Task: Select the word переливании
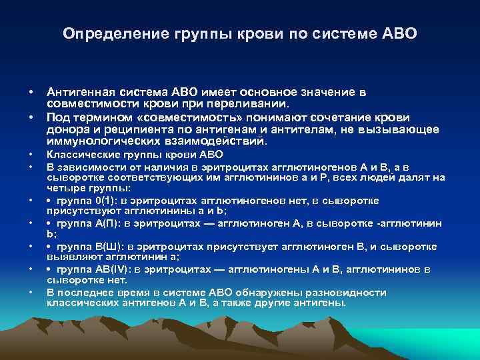[255, 104]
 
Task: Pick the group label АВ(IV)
[115, 270]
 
